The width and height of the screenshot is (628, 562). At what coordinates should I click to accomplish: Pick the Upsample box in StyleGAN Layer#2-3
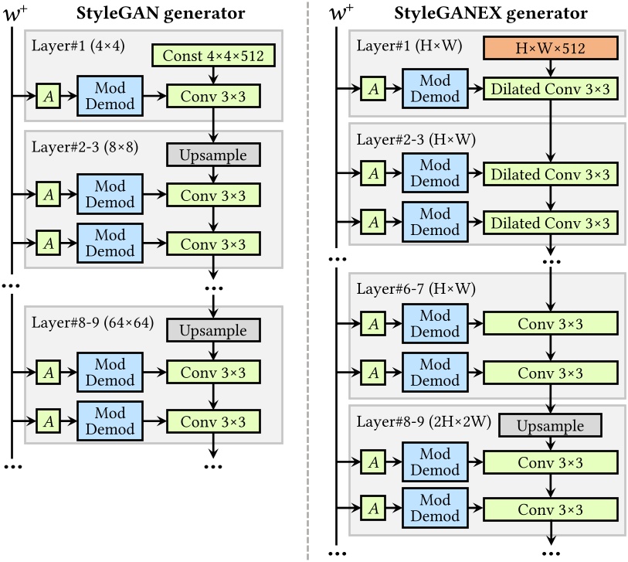pos(213,155)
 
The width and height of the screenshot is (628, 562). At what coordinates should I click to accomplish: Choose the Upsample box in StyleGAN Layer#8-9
pos(213,331)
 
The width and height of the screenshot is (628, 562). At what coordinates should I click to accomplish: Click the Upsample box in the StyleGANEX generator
pos(549,425)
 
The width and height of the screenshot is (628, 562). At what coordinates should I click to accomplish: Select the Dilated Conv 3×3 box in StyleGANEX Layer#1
pos(549,89)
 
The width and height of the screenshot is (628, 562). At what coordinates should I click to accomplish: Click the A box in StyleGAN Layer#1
pos(47,96)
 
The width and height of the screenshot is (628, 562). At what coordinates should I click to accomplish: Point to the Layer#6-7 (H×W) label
pos(415,288)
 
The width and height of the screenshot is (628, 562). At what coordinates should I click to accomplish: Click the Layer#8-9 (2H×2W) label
pos(423,423)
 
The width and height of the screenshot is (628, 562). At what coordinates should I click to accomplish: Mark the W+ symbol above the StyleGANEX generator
pos(338,13)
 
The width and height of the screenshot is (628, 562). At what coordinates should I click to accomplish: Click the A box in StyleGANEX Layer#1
pos(372,89)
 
